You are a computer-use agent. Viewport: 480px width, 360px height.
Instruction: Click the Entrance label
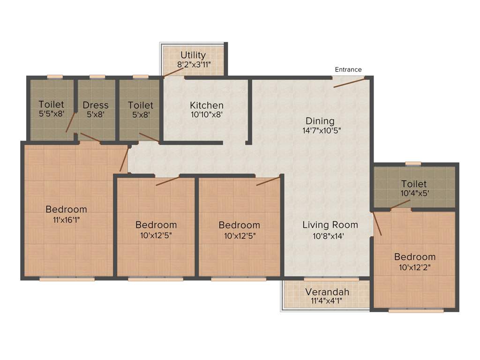point(348,69)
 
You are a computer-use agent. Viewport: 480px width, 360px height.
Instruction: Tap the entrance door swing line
point(349,82)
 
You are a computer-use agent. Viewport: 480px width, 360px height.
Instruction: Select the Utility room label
point(193,55)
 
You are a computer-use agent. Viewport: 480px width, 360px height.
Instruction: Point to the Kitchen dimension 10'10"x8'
point(206,114)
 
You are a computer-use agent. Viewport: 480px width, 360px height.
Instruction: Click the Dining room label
point(320,120)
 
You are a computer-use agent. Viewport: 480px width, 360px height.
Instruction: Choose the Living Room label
point(330,225)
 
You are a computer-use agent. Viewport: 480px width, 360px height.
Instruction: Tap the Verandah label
point(327,292)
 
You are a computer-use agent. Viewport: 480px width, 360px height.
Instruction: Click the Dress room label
point(96,105)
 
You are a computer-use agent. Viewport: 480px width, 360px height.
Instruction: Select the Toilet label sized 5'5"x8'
point(51,104)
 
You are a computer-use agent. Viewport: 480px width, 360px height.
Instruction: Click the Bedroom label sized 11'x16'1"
point(66,209)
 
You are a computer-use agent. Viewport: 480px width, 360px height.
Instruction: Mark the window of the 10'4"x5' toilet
point(413,164)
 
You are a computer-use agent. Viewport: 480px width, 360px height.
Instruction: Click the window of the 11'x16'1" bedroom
point(67,279)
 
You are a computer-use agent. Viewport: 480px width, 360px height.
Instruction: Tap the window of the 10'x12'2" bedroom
point(416,310)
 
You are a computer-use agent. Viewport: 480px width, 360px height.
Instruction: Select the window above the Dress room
point(97,76)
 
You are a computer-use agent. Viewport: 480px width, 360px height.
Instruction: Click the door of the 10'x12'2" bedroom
point(377,224)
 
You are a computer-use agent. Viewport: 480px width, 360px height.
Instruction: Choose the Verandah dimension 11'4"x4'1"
point(326,301)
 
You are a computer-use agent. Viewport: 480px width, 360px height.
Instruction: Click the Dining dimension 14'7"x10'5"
point(321,130)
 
